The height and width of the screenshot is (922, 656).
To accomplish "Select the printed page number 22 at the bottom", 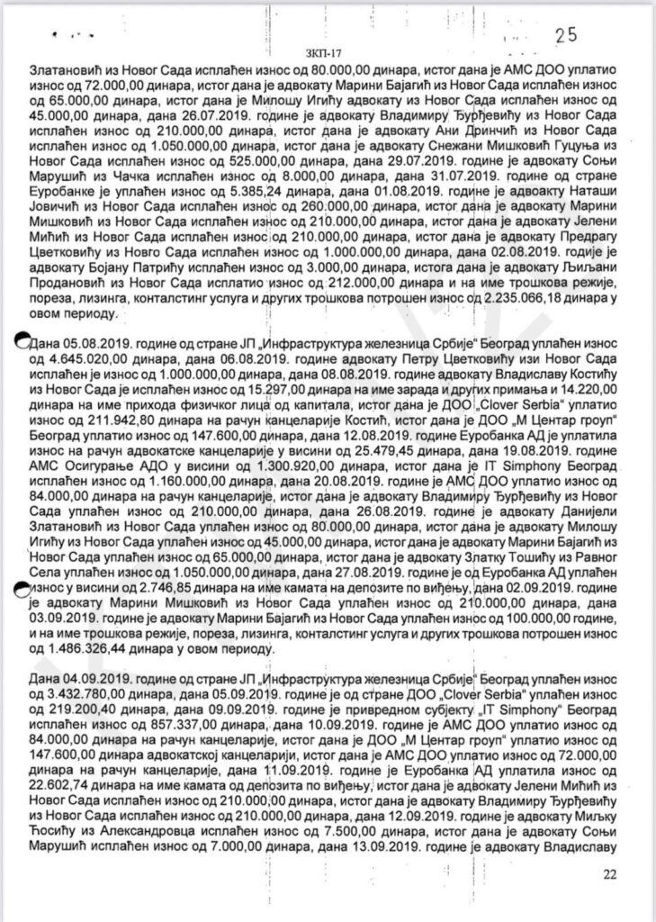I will click(611, 872).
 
